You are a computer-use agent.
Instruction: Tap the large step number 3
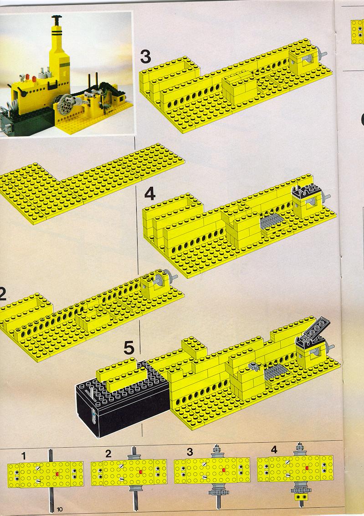[x=145, y=56]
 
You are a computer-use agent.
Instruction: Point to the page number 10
[x=60, y=509]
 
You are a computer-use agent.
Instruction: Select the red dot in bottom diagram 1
[x=57, y=474]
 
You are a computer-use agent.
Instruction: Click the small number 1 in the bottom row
[x=23, y=456]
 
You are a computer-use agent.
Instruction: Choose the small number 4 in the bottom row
[x=274, y=450]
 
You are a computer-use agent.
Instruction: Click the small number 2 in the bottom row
[x=108, y=454]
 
